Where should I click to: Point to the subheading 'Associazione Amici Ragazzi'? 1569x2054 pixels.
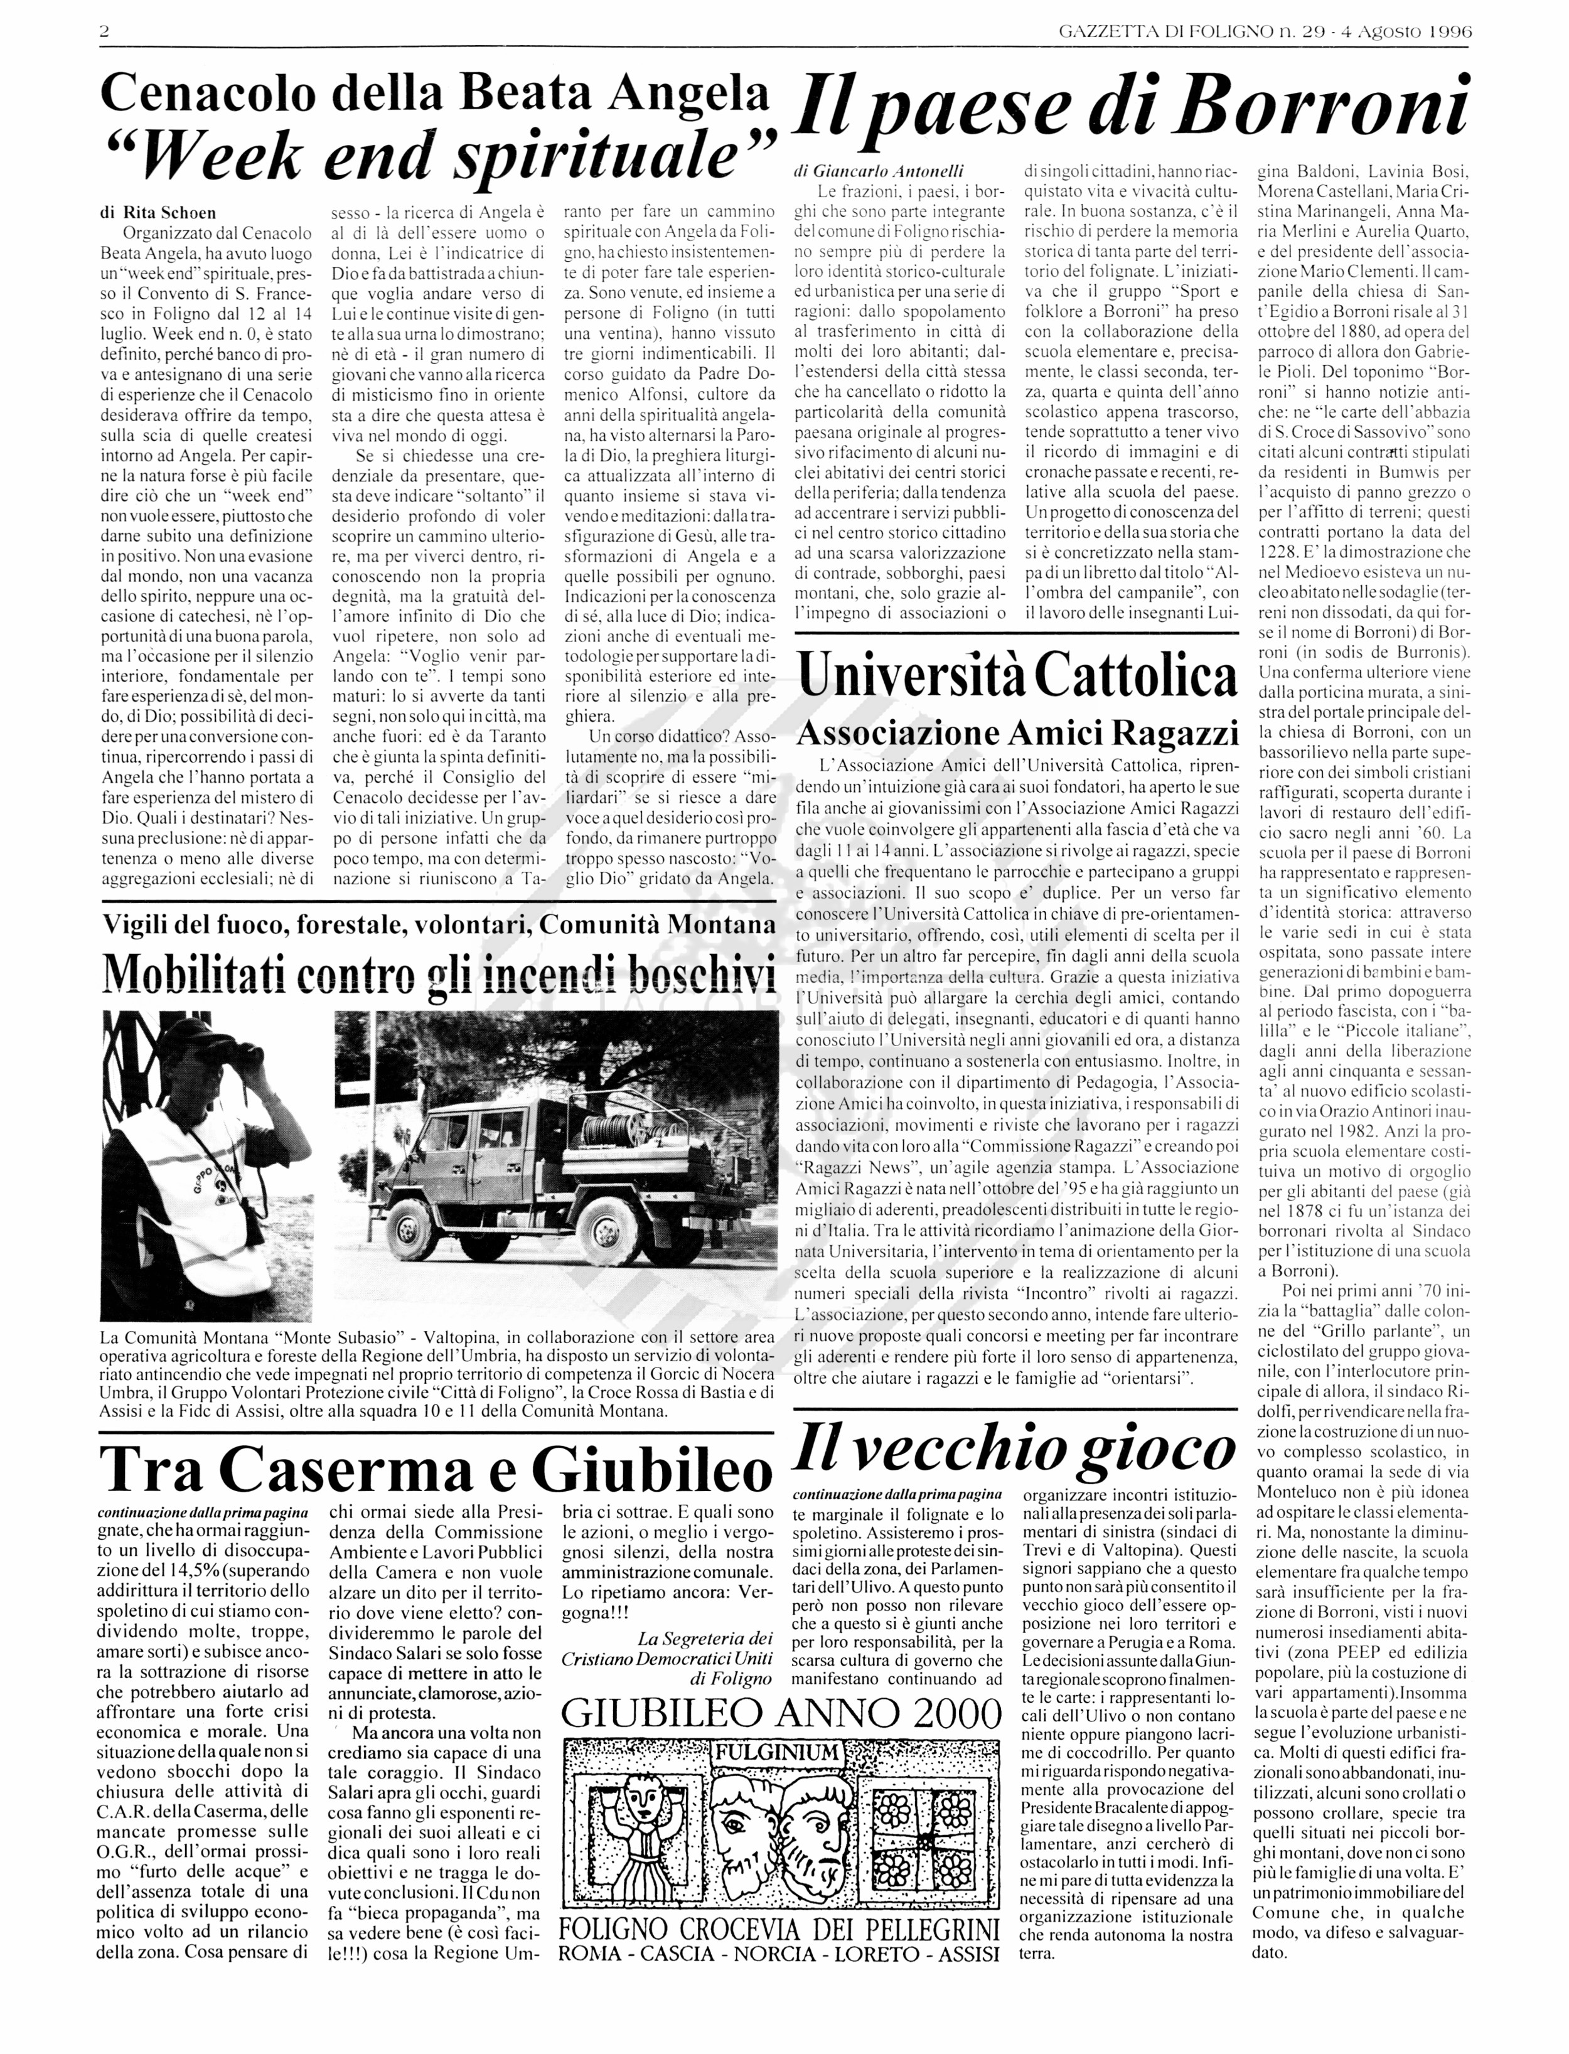click(x=1015, y=733)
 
